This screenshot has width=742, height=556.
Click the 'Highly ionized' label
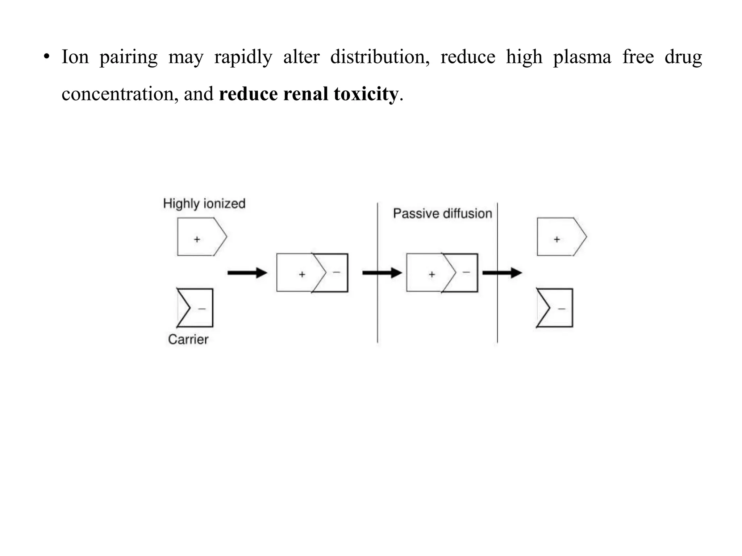(x=204, y=203)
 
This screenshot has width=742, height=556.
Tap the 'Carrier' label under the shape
(x=188, y=340)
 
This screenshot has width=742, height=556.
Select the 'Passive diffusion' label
(x=442, y=214)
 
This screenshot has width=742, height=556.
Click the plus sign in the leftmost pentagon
(x=197, y=239)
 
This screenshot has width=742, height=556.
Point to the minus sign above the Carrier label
(x=202, y=309)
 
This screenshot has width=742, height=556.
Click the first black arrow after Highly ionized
(x=247, y=273)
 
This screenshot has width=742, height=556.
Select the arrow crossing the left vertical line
(x=382, y=273)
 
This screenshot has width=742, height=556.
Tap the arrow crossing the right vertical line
(x=502, y=273)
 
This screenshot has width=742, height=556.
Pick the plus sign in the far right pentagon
(x=557, y=239)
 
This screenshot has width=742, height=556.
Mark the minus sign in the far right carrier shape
(x=562, y=309)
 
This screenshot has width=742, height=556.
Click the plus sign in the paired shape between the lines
(x=432, y=274)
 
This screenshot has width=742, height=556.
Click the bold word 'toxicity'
(x=366, y=94)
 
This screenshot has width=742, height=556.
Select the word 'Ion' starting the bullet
(x=75, y=57)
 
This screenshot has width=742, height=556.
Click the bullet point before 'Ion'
(x=46, y=57)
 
